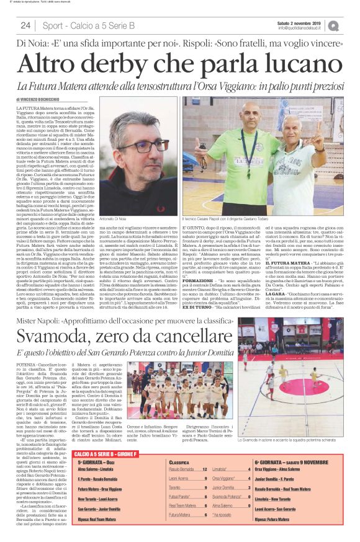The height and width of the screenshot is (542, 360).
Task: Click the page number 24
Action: click(25, 25)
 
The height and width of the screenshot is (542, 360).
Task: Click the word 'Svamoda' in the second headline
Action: click(61, 338)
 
